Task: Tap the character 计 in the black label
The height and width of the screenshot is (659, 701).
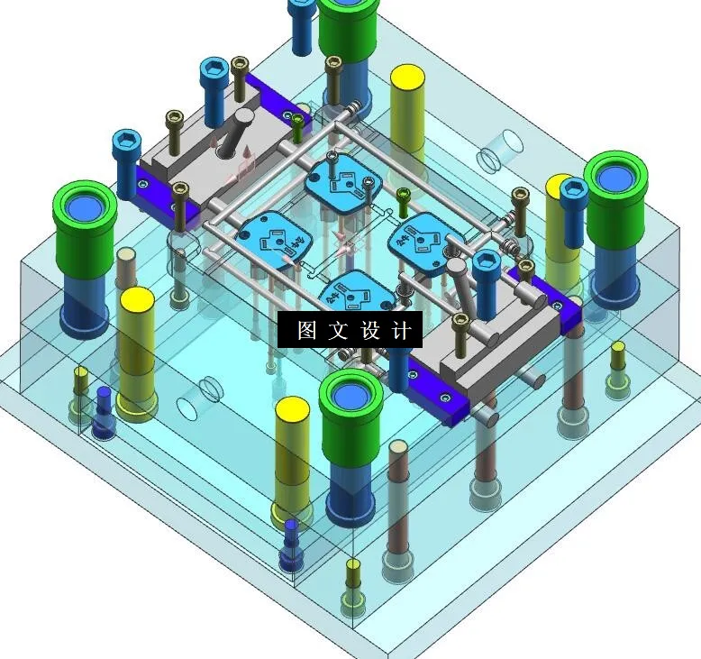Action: (402, 331)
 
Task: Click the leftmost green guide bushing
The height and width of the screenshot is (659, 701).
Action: (86, 225)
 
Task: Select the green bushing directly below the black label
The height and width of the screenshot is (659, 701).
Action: (351, 415)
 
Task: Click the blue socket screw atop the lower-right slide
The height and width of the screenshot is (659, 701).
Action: (486, 276)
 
